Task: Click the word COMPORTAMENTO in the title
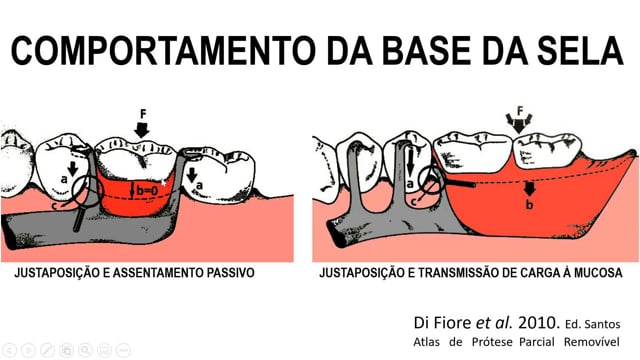[163, 51]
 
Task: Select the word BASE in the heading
[426, 51]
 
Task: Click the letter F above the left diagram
[143, 114]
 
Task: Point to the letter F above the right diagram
[520, 111]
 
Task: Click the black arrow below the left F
[142, 129]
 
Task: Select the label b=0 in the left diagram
[147, 191]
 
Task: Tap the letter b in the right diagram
[529, 204]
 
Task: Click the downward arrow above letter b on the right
[529, 189]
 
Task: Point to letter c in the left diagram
[55, 206]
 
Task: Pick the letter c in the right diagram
[413, 201]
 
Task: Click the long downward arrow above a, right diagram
[410, 162]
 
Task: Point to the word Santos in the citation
[602, 324]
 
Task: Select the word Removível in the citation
[591, 342]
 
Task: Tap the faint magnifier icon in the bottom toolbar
[85, 350]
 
